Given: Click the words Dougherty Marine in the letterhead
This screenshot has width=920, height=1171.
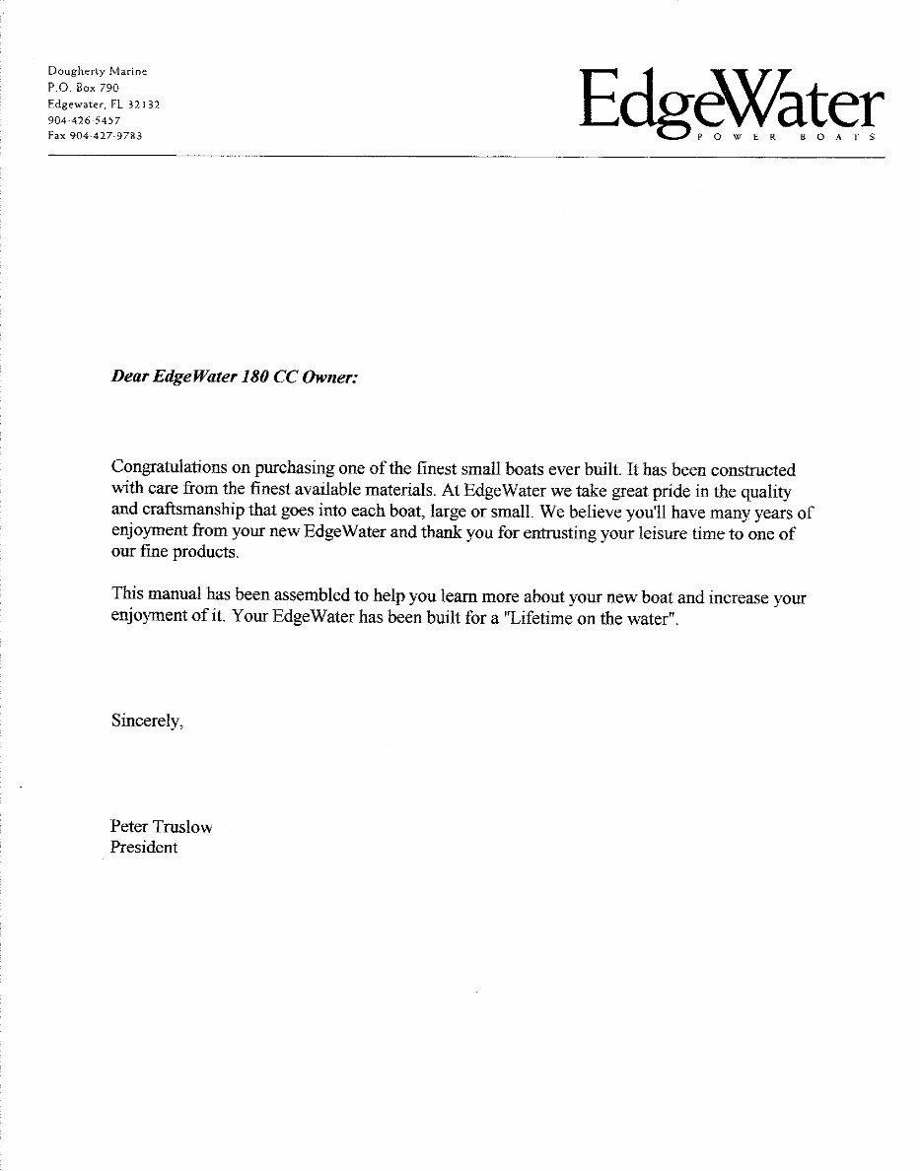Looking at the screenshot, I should coord(98,71).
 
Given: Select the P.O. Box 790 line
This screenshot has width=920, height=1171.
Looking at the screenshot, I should coord(83,88).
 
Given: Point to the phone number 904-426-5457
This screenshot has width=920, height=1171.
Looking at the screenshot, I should coord(84,119).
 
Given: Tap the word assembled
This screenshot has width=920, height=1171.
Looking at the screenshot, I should coord(308,595).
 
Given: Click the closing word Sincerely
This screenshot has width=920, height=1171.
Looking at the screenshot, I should coord(146,721).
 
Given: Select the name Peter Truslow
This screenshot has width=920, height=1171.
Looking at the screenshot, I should coord(161,827).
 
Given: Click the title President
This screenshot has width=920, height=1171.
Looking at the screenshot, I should coord(144,848).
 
